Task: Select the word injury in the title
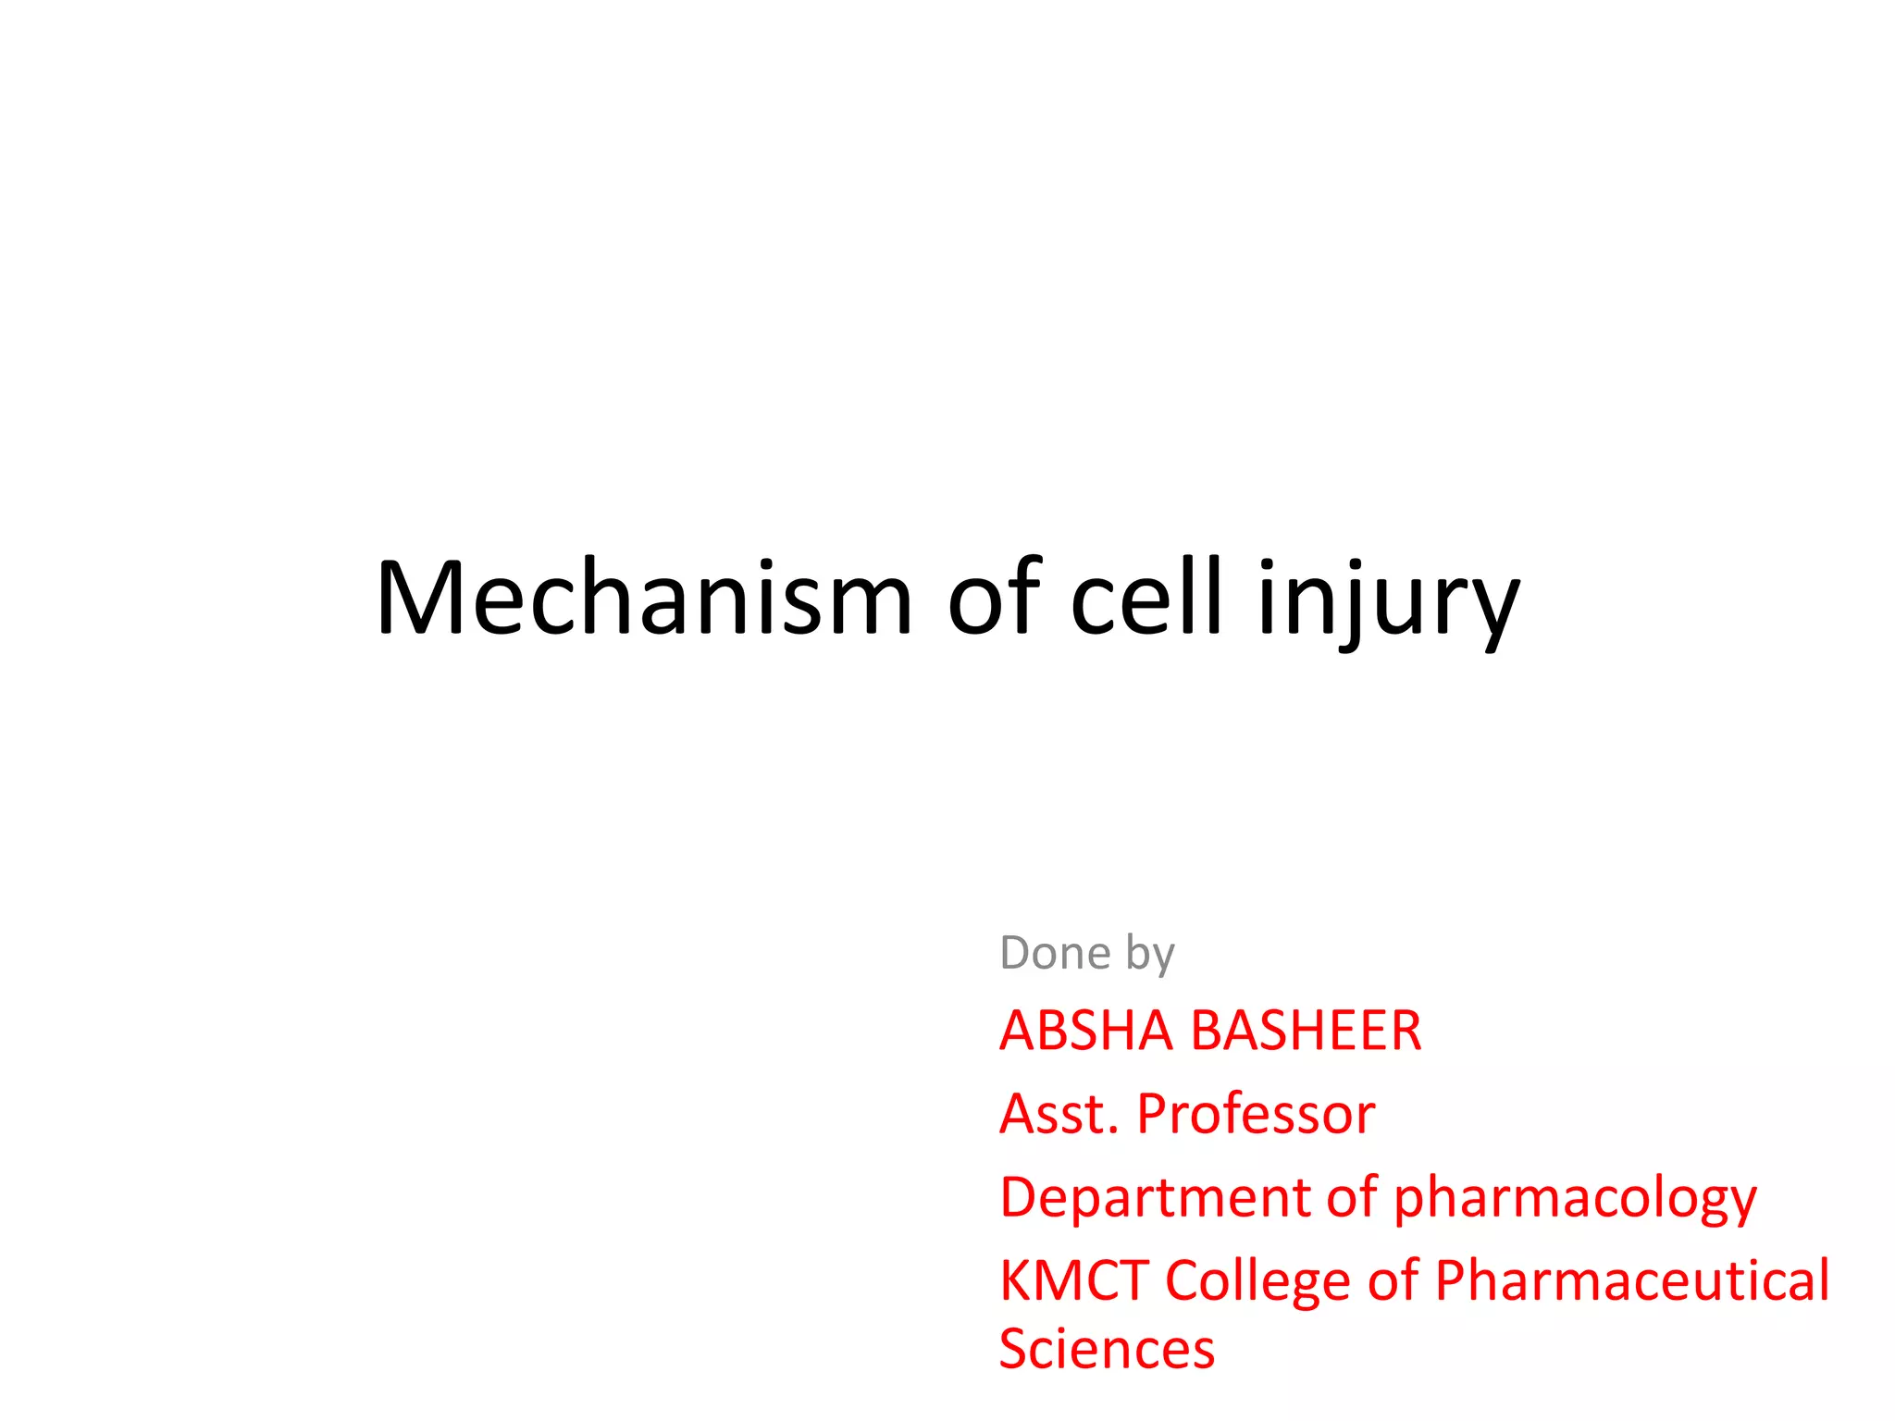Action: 1388,601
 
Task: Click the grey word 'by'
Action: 1150,955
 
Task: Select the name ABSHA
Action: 1085,1031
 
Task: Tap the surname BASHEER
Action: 1307,1031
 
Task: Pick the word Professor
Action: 1256,1114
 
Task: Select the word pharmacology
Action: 1575,1199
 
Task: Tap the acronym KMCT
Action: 1073,1280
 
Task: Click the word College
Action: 1258,1282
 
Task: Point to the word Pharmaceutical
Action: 1632,1280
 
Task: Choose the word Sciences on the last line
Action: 1107,1349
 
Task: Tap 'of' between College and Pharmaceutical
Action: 1393,1280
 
